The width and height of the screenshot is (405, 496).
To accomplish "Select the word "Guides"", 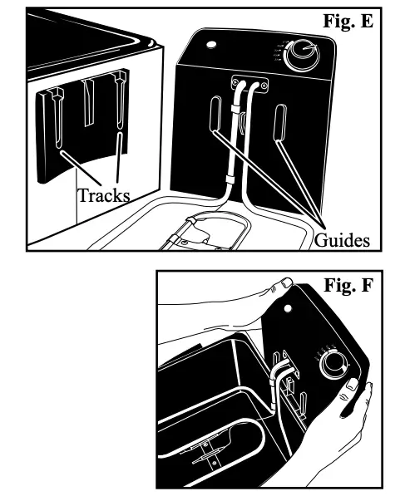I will click(x=341, y=241).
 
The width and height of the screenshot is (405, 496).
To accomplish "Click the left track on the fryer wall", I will click(x=57, y=116).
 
